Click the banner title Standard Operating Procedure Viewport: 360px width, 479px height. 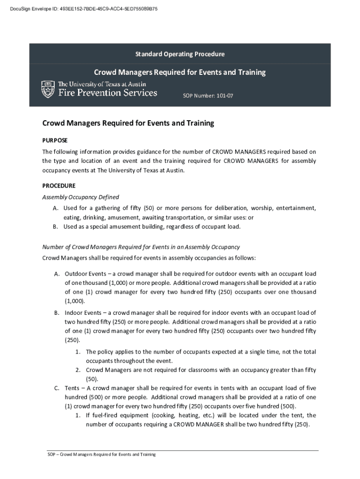click(180, 54)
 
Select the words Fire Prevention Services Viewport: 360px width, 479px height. click(108, 93)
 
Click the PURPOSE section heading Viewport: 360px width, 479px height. click(55, 140)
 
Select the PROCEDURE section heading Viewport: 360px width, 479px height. click(59, 186)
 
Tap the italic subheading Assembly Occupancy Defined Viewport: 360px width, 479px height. click(80, 197)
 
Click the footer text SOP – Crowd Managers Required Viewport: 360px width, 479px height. click(102, 454)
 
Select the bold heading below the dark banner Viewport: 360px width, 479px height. click(128, 123)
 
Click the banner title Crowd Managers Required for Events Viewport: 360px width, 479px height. click(180, 73)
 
